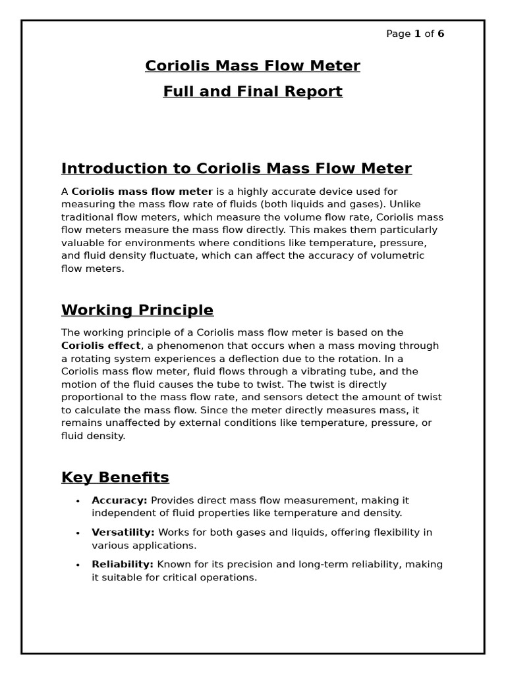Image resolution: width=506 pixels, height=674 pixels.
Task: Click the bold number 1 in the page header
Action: tap(417, 34)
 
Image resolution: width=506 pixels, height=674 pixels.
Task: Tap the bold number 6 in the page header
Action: tap(441, 34)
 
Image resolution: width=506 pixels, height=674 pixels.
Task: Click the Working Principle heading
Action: tap(137, 310)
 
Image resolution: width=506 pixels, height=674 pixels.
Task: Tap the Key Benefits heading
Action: tap(115, 477)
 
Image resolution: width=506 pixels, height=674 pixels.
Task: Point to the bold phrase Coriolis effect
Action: tap(101, 346)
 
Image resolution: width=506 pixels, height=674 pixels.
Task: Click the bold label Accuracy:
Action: tap(119, 500)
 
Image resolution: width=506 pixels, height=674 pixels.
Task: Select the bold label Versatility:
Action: tap(123, 532)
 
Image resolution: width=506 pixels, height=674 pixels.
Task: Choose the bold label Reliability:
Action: tap(123, 565)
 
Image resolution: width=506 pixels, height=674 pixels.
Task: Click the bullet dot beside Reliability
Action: tap(78, 565)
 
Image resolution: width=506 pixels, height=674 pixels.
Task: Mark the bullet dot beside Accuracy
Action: tap(78, 501)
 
